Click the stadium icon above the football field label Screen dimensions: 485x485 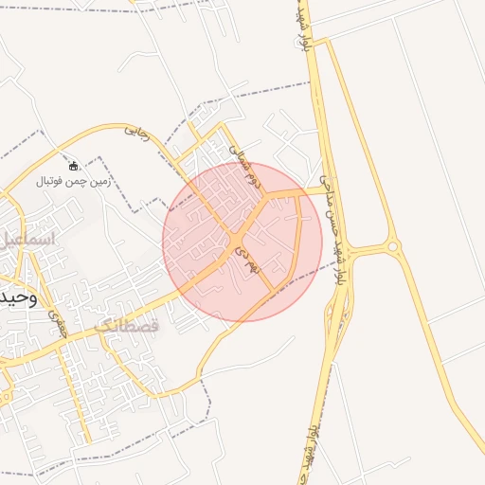[x=74, y=166]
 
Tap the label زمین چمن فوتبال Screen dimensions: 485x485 [x=74, y=180]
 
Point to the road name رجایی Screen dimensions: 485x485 [x=138, y=135]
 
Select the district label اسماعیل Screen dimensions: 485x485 [x=28, y=239]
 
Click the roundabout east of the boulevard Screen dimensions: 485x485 [x=393, y=247]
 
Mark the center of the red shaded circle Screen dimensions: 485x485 [x=242, y=242]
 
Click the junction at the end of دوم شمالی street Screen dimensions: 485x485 [x=265, y=194]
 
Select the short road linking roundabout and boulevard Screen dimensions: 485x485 [x=365, y=250]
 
